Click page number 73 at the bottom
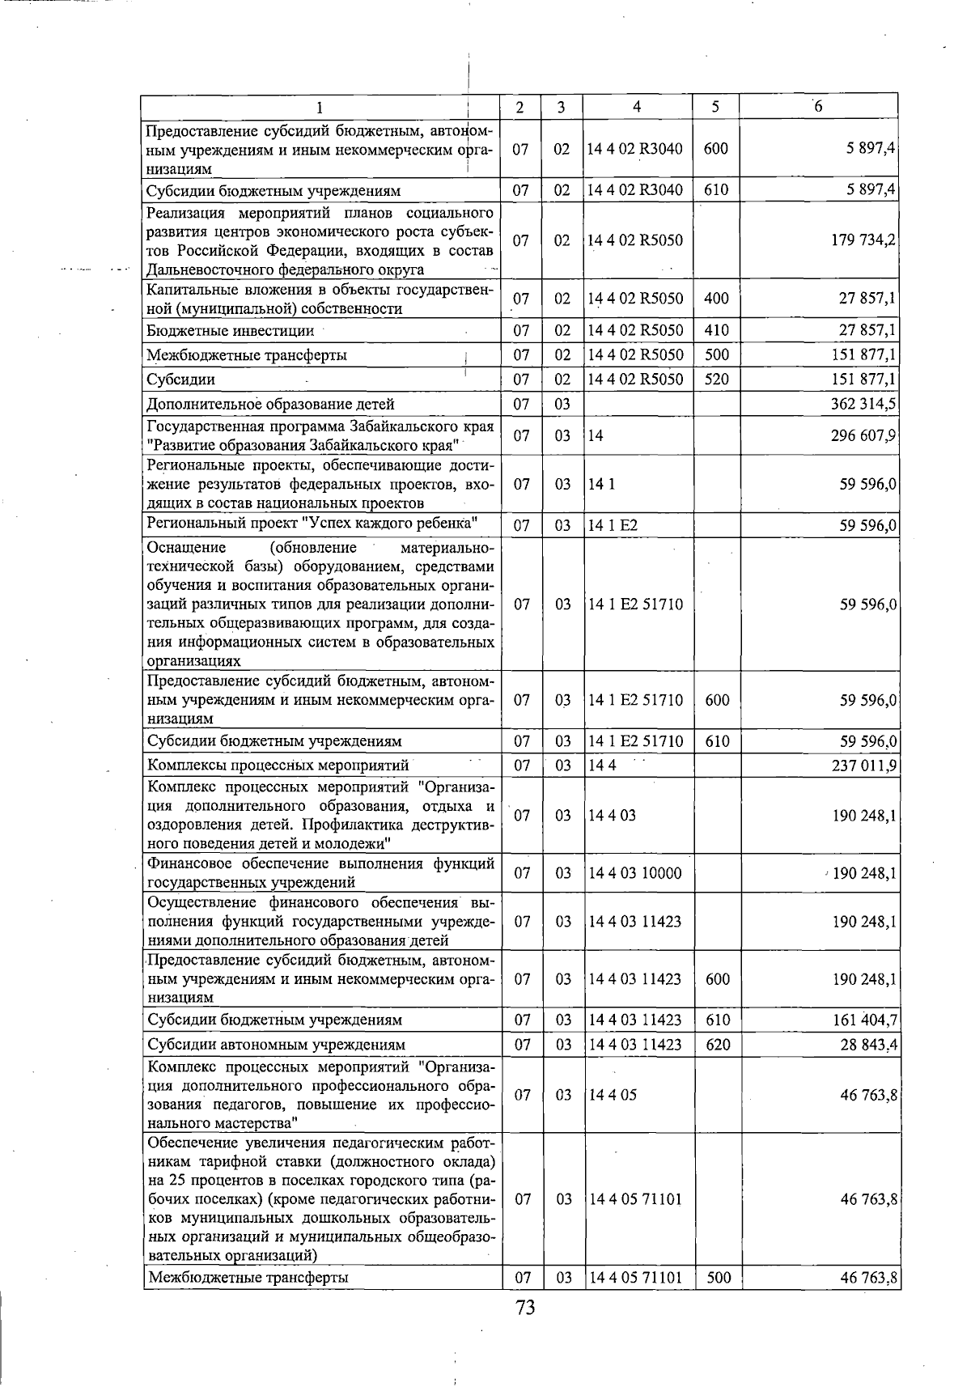coord(525,1308)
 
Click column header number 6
coord(818,106)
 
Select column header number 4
coord(637,106)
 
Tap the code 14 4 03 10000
coord(635,873)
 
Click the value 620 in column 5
coord(718,1045)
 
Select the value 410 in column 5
coord(716,330)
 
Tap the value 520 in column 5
coord(716,380)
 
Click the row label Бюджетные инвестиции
coord(230,330)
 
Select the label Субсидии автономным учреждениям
coord(275,1045)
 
